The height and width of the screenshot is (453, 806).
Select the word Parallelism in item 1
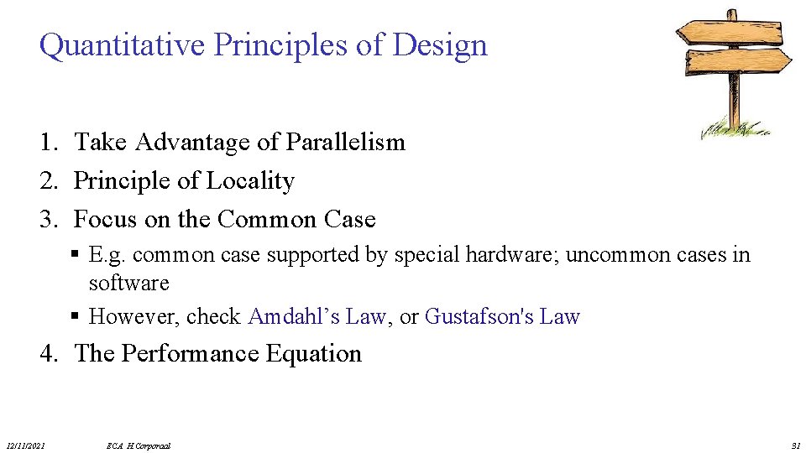345,143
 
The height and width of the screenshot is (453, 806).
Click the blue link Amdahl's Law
317,317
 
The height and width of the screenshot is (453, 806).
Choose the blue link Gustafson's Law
502,317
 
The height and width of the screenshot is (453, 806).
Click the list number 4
48,354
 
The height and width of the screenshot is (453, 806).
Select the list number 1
48,143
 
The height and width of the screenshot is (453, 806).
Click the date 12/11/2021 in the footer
25,445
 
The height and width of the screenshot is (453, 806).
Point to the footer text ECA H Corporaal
139,445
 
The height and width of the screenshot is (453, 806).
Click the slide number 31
795,445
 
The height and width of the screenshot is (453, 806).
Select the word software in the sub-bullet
128,284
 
